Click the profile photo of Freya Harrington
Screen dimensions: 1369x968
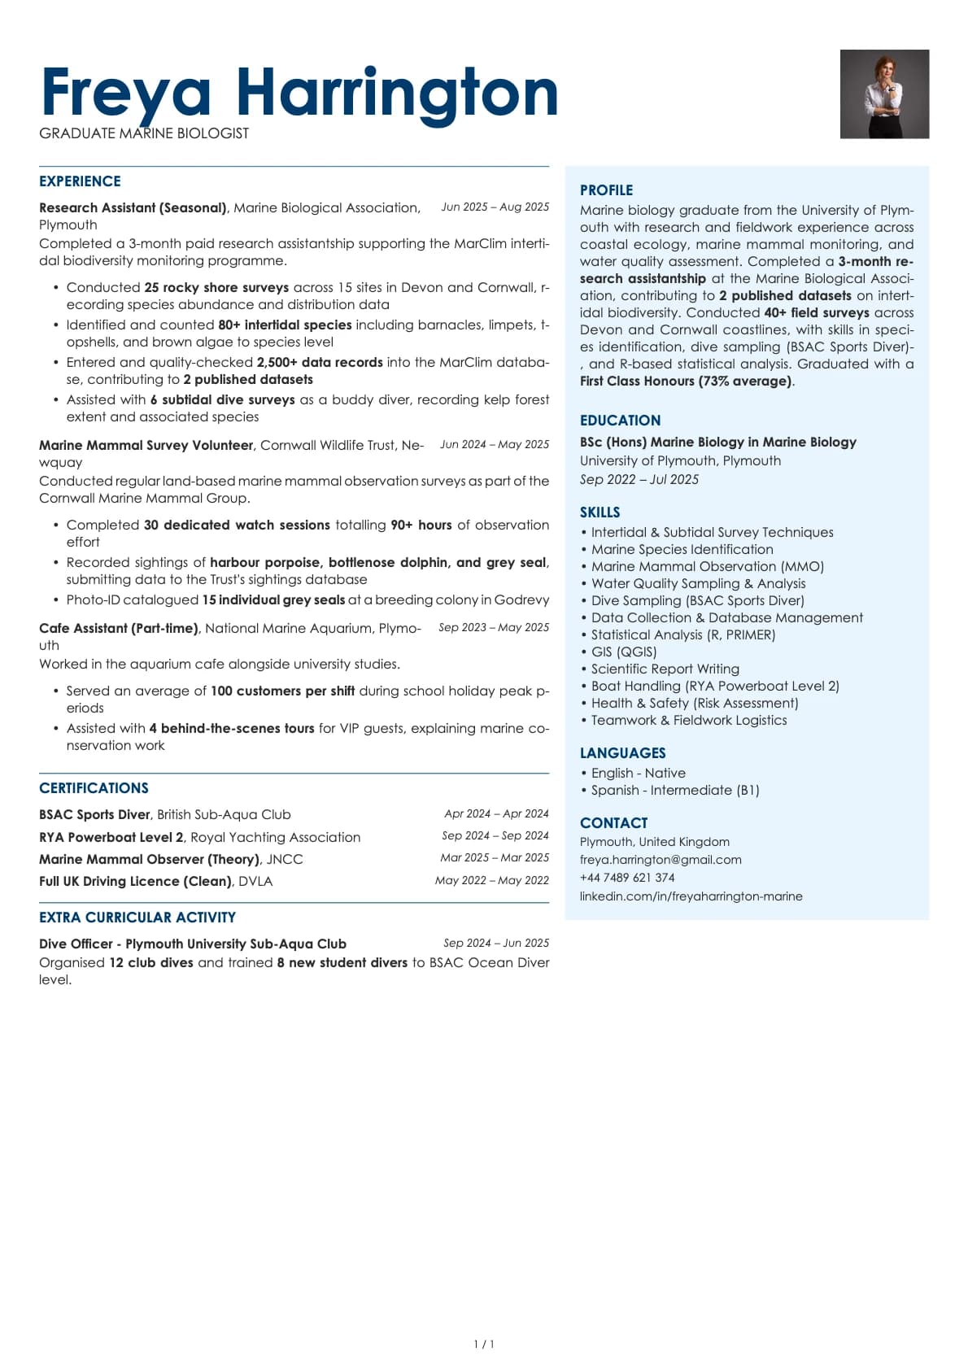pyautogui.click(x=884, y=94)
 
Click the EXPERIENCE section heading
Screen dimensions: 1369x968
pyautogui.click(x=80, y=181)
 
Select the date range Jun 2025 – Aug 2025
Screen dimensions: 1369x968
pyautogui.click(x=495, y=207)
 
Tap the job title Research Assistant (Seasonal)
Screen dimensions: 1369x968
pyautogui.click(x=133, y=208)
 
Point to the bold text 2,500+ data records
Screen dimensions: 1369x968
pyautogui.click(x=320, y=363)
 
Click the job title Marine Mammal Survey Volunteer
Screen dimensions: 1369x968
pyautogui.click(x=146, y=446)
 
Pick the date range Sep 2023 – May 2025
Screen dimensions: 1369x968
pyautogui.click(x=494, y=628)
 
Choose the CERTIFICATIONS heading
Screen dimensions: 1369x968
pyautogui.click(x=94, y=788)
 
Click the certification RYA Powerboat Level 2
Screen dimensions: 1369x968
pyautogui.click(x=111, y=838)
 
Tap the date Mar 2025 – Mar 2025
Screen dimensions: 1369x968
pyautogui.click(x=495, y=858)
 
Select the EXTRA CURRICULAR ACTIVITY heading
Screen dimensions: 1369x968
pyautogui.click(x=137, y=918)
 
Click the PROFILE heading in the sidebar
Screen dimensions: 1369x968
pyautogui.click(x=606, y=190)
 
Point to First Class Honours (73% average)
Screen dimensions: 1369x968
pyautogui.click(x=686, y=381)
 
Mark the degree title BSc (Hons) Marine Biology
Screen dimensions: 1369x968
pyautogui.click(x=717, y=443)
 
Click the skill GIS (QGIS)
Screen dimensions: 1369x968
pyautogui.click(x=623, y=652)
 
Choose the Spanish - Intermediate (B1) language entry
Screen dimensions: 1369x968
pyautogui.click(x=674, y=791)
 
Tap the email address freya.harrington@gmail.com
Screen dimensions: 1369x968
pyautogui.click(x=661, y=860)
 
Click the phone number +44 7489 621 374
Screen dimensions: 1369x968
pyautogui.click(x=627, y=878)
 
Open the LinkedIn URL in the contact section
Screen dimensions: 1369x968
pyautogui.click(x=691, y=896)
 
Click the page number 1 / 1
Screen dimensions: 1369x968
pyautogui.click(x=484, y=1345)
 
